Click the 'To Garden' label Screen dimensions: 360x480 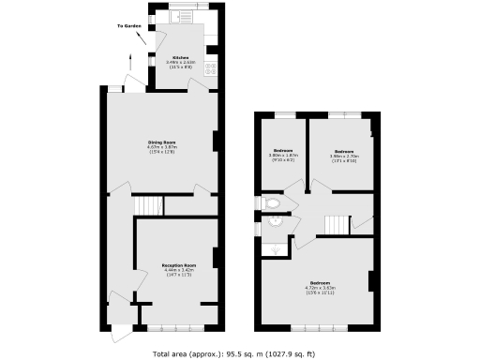pyautogui.click(x=130, y=26)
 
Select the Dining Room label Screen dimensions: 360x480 pyautogui.click(x=162, y=142)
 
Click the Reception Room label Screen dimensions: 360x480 pyautogui.click(x=177, y=265)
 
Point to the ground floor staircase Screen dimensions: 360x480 pyautogui.click(x=148, y=206)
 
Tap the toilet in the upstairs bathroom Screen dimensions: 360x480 pyautogui.click(x=273, y=202)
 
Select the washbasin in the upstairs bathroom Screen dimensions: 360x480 pyautogui.click(x=275, y=223)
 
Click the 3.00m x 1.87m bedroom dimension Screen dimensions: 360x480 pyautogui.click(x=284, y=156)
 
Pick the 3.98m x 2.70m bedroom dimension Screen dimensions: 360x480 pyautogui.click(x=343, y=156)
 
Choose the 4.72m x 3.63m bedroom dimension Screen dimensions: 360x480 pyautogui.click(x=320, y=288)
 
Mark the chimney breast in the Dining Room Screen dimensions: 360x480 pyautogui.click(x=217, y=142)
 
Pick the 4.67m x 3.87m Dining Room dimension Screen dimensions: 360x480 pyautogui.click(x=162, y=147)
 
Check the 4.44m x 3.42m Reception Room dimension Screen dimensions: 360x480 pyautogui.click(x=177, y=271)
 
